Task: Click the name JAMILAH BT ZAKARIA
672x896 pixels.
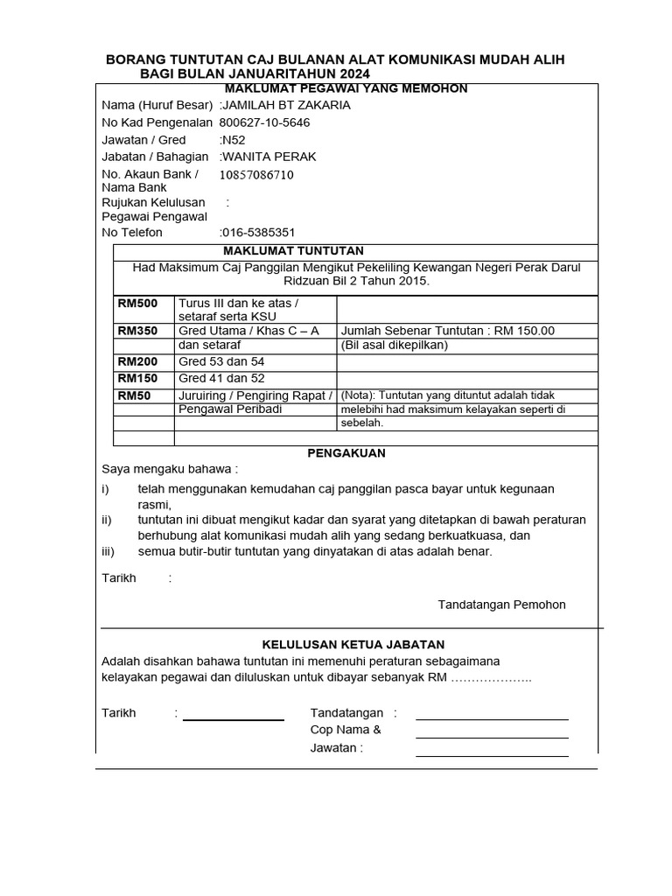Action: (285, 105)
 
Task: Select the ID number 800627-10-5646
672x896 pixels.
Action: (263, 122)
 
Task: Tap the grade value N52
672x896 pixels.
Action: (233, 140)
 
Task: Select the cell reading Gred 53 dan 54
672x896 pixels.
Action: (221, 361)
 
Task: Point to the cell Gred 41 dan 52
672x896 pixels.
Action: (221, 378)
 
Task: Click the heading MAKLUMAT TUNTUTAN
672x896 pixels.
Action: (293, 251)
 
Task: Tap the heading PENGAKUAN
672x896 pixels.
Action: (346, 453)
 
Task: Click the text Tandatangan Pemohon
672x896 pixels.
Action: (501, 605)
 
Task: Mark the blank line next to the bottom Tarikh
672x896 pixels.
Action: (233, 719)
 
